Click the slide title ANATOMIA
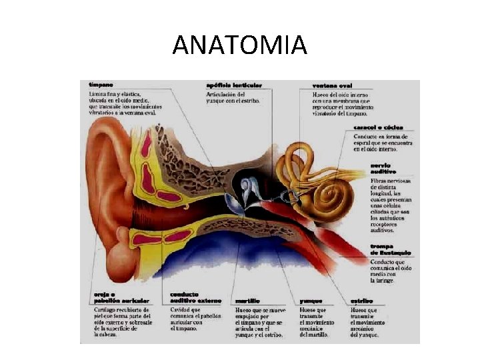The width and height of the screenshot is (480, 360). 239,45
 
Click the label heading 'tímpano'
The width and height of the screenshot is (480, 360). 101,85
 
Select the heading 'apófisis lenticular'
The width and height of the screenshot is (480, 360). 233,85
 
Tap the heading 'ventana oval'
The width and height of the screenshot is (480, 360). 333,85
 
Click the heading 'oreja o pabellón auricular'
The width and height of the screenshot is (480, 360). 111,298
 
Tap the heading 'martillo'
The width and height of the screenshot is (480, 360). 247,301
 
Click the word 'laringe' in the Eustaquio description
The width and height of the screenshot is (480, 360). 385,281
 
